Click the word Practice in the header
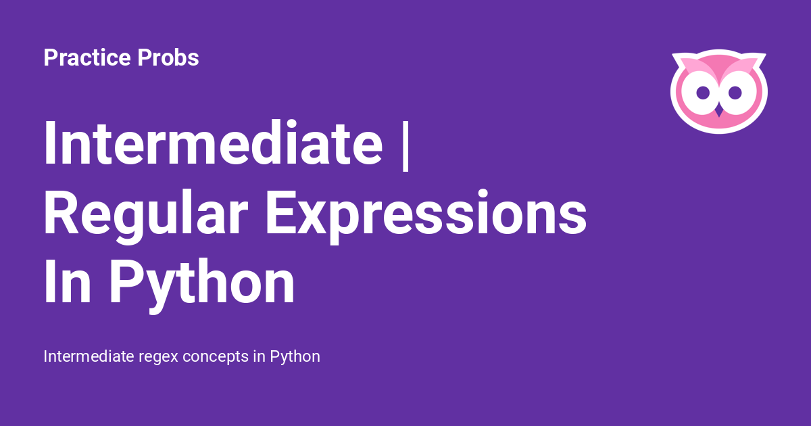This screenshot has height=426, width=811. [x=87, y=57]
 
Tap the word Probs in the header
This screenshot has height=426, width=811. [x=168, y=57]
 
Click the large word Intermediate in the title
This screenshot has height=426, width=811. [x=214, y=143]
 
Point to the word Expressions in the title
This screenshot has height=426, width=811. [x=426, y=216]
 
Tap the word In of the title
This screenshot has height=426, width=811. [x=68, y=281]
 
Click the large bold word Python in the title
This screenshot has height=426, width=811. [x=202, y=286]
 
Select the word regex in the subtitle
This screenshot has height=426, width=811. [x=159, y=357]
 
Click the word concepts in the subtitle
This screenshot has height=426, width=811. [x=216, y=357]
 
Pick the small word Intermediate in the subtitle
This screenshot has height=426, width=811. [x=89, y=356]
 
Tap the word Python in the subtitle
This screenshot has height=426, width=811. [x=295, y=357]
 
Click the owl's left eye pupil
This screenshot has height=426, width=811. [x=703, y=93]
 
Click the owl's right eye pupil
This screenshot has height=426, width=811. [x=735, y=93]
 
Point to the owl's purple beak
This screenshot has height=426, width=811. [x=719, y=111]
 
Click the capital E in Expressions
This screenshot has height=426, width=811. [x=282, y=212]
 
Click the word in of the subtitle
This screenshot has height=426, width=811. [x=260, y=356]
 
